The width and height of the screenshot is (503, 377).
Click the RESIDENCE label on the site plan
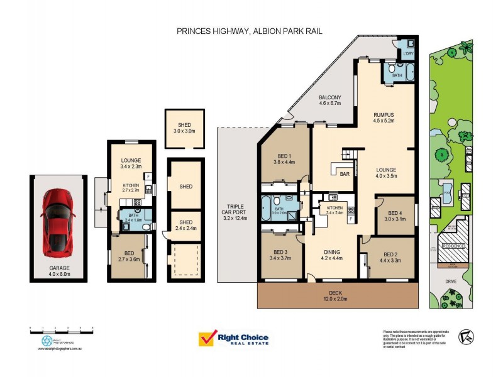click(x=453, y=246)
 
